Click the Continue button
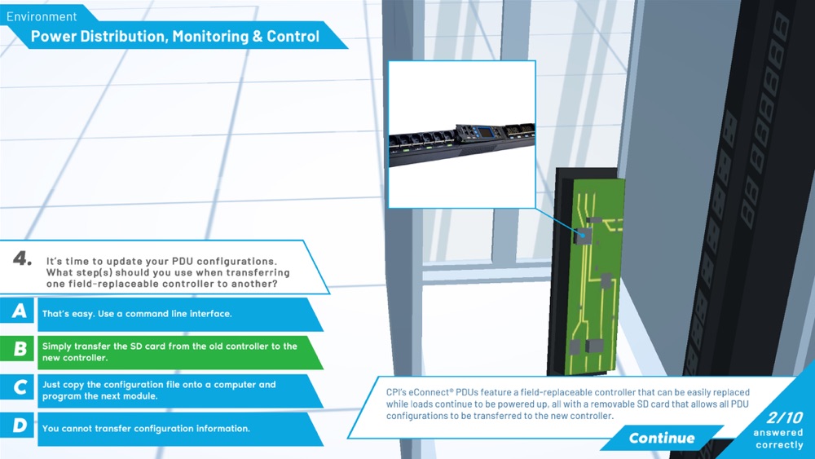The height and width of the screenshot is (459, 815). [661, 438]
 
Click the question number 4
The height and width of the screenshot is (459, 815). [22, 258]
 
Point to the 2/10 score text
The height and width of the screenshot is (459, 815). [785, 417]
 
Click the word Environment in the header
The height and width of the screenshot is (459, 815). [42, 16]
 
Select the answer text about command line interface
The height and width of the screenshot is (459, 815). [137, 314]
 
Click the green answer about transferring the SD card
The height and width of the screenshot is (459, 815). [170, 352]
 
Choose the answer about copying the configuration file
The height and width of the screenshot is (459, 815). [159, 391]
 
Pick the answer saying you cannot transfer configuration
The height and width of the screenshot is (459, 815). [146, 429]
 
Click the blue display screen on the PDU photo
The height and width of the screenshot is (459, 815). [486, 133]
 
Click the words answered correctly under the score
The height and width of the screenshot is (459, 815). [778, 439]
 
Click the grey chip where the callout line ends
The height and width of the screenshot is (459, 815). [584, 236]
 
